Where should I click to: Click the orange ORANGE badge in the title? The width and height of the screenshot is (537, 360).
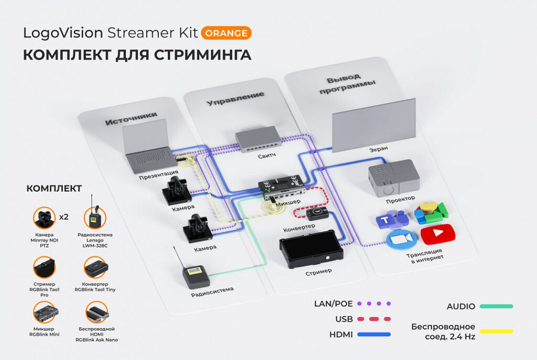pos(226,33)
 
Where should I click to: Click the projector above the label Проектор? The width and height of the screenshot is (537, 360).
pos(394,178)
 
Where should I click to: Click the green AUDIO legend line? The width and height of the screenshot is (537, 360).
pos(496,306)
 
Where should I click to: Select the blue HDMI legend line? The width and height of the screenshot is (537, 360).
pos(374,334)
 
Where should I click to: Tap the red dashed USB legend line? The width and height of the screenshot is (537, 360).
pos(374,319)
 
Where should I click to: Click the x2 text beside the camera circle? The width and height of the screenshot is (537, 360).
pos(65,217)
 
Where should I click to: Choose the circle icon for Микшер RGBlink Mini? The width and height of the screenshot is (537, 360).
pos(44,313)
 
